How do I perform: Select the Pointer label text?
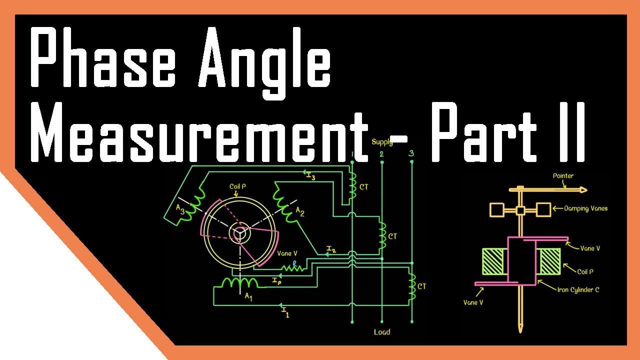coord(563,176)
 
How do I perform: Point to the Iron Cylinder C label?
coord(578,289)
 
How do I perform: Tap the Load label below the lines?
coord(382,332)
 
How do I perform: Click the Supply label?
coord(382,142)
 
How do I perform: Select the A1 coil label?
coord(248,296)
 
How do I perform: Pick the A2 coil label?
coord(300,212)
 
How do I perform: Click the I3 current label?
coord(310,176)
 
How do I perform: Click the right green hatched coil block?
coord(549,261)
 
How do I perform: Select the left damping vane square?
coord(497,209)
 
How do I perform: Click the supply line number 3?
coord(411,153)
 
